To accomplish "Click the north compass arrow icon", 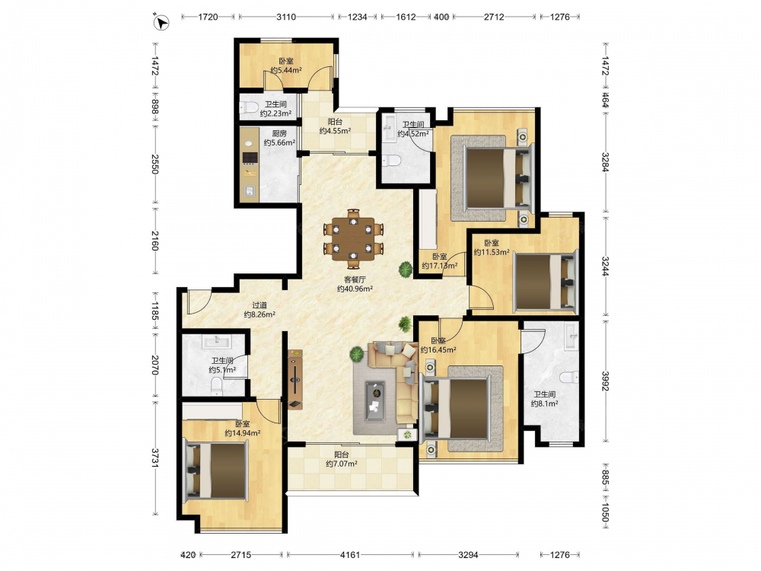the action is (161, 23).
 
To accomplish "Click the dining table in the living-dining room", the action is (354, 238).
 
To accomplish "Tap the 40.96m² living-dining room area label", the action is (355, 289).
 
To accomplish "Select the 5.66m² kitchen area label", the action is (279, 143).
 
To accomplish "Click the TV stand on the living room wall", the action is (295, 379).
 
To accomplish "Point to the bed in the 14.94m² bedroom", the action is (216, 470).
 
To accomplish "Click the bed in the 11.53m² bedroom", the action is (546, 281).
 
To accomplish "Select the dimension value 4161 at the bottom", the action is (350, 554).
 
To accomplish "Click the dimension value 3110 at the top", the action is (286, 17).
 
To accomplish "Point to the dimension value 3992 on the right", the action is (605, 381).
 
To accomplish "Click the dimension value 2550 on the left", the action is (155, 164).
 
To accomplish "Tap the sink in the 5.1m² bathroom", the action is (216, 341).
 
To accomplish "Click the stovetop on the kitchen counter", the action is (250, 158).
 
